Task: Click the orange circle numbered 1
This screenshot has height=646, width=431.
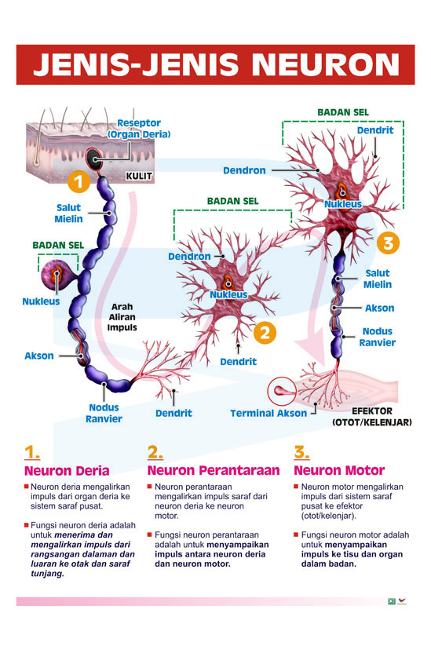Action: coord(79,181)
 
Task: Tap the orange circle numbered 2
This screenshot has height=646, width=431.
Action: coord(265,333)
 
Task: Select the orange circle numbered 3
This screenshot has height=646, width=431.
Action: coord(388,243)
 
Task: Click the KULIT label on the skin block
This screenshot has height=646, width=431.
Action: coord(139,176)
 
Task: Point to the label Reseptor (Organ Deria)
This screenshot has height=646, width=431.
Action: coord(139,129)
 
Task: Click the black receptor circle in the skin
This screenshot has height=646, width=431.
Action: coord(94,159)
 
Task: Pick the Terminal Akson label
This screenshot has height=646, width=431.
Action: coord(268,413)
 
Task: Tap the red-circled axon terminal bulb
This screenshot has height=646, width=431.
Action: coord(282,391)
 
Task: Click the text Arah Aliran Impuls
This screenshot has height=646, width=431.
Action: coord(122,317)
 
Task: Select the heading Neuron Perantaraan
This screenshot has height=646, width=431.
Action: coord(214,470)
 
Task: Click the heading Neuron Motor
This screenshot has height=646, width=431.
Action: coord(339,470)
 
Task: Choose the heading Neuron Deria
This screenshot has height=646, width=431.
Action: coord(67,470)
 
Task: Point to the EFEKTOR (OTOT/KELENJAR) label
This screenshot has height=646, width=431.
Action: coord(372,417)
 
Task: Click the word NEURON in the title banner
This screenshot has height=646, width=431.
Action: coord(326,64)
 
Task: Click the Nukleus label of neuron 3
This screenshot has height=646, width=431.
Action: coord(343,204)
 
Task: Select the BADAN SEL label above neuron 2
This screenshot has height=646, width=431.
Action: coord(233,201)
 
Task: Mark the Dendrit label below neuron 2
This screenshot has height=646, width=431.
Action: coord(238,362)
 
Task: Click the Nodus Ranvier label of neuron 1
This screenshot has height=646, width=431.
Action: coord(104,413)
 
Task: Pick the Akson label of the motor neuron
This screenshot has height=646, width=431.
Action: coord(379,308)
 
